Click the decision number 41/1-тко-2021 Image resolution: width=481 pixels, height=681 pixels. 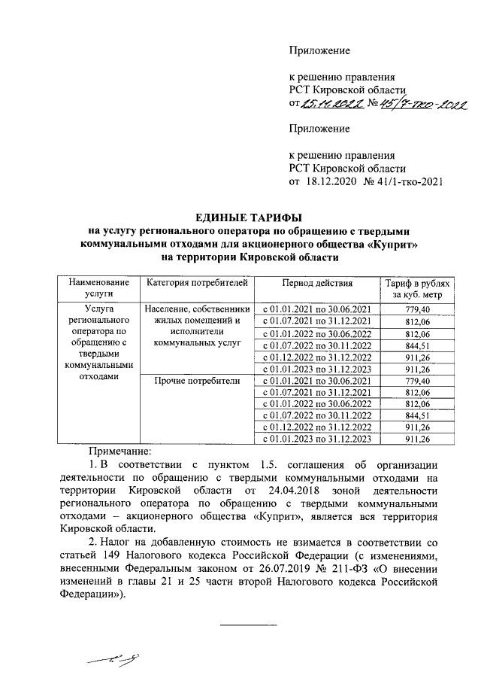[411, 181]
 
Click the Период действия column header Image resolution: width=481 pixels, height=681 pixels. [316, 283]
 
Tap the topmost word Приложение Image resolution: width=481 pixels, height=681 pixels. [320, 50]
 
